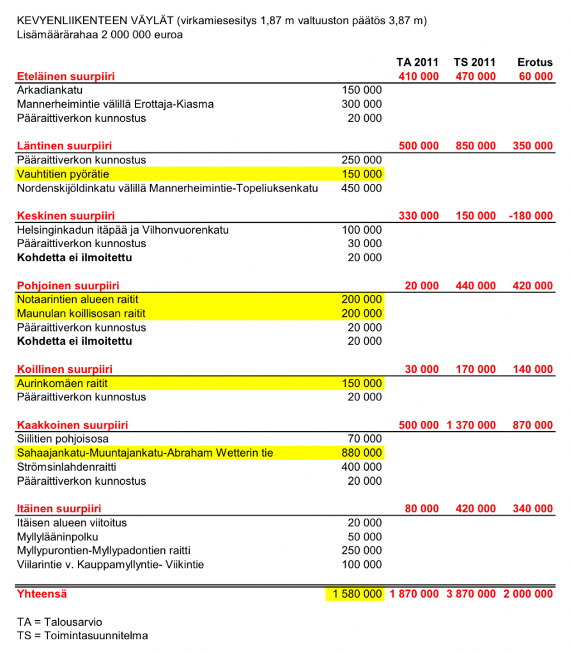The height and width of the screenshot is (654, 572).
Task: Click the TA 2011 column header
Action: click(419, 63)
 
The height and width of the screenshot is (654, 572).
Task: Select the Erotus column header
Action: click(535, 63)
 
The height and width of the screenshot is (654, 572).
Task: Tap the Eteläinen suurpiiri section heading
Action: click(66, 77)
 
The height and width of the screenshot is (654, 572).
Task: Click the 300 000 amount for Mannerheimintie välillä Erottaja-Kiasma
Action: click(362, 104)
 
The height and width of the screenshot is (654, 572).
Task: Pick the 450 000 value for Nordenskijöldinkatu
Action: click(362, 188)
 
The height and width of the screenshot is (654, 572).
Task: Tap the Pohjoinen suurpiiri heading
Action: click(68, 285)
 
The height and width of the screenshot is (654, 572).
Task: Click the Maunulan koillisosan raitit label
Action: click(81, 314)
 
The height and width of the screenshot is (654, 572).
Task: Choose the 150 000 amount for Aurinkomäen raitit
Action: click(362, 383)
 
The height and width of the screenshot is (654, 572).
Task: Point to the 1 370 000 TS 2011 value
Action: click(470, 425)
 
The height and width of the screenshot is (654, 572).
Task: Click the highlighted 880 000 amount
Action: click(362, 453)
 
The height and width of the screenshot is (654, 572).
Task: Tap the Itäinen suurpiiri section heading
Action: click(59, 509)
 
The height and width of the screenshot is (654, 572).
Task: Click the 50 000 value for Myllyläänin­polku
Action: click(365, 536)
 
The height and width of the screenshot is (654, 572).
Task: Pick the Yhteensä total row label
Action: click(42, 594)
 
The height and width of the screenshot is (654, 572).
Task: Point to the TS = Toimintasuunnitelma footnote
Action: click(82, 635)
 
